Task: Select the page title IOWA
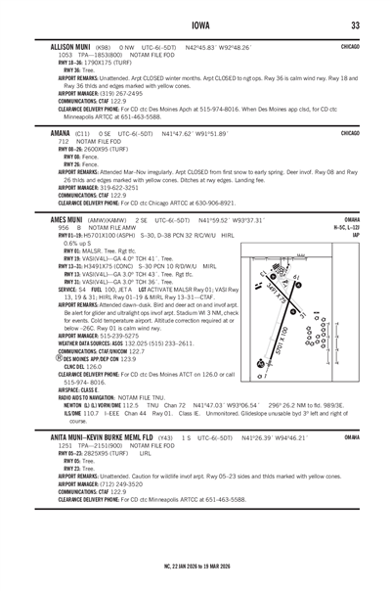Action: point(195,23)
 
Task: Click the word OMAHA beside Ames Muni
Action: point(353,220)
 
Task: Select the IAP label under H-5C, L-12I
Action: point(357,235)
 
